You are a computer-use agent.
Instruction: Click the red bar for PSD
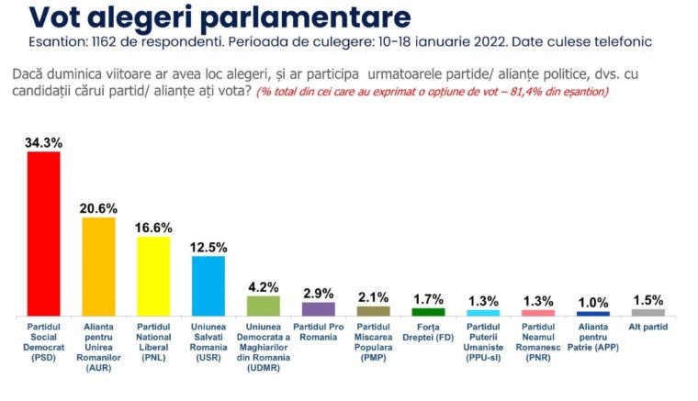point(43,233)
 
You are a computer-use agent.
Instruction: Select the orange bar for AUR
point(98,266)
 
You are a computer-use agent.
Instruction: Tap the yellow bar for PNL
point(153,276)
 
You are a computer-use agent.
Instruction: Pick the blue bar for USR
point(208,285)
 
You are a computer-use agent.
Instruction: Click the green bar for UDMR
point(264,306)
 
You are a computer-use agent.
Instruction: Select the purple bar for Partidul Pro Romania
point(318,308)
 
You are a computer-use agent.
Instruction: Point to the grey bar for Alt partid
point(648,312)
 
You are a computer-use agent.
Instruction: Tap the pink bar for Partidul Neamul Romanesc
point(538,312)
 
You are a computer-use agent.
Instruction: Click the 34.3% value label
point(43,142)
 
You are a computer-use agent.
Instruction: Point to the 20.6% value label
point(98,208)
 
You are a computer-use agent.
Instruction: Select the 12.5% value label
point(208,248)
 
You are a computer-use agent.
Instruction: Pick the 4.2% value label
point(264,286)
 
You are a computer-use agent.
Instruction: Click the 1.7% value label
point(428,299)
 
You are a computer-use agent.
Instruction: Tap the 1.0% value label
point(593,303)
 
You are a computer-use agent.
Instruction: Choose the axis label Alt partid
point(648,326)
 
